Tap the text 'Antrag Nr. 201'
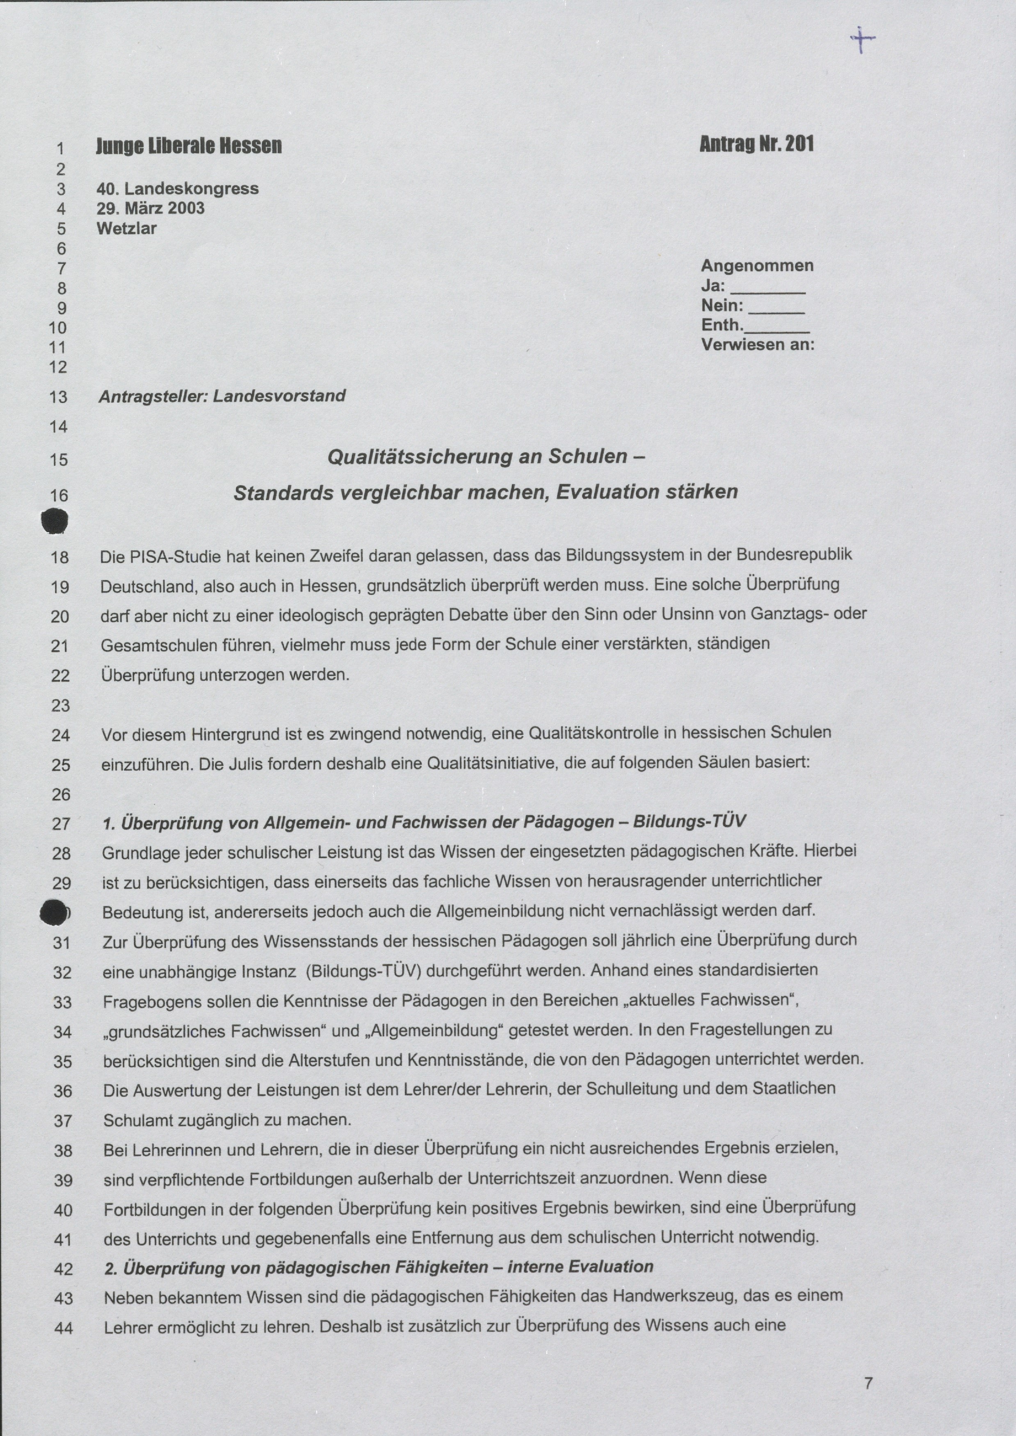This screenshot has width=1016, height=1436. [x=756, y=144]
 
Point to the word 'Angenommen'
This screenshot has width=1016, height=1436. [x=757, y=266]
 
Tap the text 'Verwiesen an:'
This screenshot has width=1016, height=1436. [x=758, y=344]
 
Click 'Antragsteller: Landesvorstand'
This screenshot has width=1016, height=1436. [x=222, y=396]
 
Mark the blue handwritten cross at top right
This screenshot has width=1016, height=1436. [x=862, y=39]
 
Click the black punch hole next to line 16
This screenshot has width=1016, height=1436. [x=55, y=521]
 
